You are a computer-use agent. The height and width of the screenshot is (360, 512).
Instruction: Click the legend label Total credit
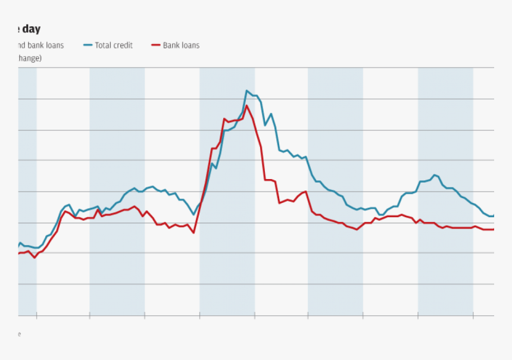[114, 45]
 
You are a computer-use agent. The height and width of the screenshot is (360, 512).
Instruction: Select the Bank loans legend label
[181, 45]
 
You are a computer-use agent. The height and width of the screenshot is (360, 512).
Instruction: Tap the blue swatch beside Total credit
[88, 45]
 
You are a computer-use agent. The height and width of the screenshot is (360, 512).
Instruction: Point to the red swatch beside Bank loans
[156, 45]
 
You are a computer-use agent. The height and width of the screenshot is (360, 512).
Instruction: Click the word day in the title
[32, 29]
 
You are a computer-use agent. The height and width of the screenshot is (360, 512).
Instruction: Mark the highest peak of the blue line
[246, 90]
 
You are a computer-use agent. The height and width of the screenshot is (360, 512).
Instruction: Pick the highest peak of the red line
[246, 105]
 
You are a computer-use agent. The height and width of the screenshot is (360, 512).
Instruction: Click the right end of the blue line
[494, 215]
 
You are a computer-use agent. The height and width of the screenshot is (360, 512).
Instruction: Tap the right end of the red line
[494, 230]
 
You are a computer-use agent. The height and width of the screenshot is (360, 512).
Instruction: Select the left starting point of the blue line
[19, 245]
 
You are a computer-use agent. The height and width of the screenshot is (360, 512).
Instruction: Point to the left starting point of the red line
[19, 253]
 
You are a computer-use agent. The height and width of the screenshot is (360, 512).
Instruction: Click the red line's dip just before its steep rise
[194, 233]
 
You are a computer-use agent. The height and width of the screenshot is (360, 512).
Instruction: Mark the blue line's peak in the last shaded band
[435, 175]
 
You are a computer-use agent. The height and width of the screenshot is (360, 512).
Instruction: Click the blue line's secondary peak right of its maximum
[271, 114]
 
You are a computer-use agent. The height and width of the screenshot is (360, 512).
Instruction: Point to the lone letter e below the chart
[19, 334]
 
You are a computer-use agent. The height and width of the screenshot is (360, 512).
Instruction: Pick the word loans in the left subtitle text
[54, 45]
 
